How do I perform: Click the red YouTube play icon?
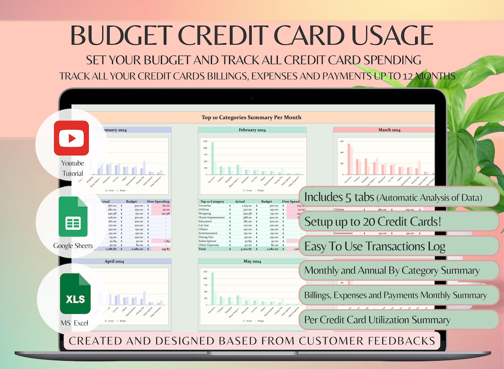coord(71,138)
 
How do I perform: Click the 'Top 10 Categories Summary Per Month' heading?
coord(251,117)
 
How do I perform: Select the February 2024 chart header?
coord(252,130)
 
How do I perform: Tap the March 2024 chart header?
coord(389,130)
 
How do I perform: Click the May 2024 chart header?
coord(252,261)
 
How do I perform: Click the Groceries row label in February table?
coord(205,205)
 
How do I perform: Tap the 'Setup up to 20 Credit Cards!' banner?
coord(399,221)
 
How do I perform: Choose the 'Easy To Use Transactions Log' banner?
coord(399,246)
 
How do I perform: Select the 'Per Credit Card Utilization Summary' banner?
coord(399,320)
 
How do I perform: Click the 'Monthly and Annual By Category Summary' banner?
coord(399,270)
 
